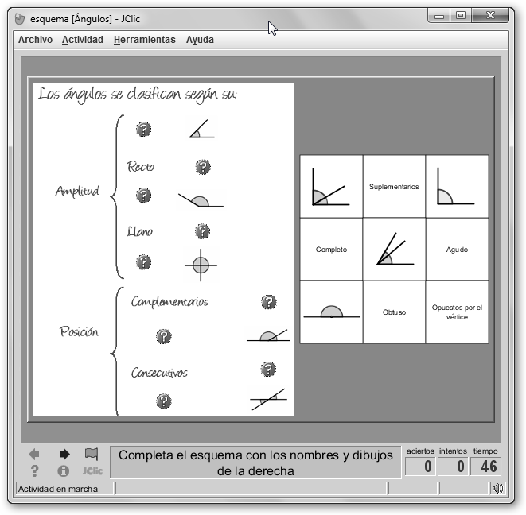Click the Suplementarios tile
coord(394,186)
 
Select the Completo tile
coord(331,250)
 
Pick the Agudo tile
coord(457,250)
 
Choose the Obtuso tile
coord(394,312)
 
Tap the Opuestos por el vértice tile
coord(457,312)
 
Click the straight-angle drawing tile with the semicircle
coord(331,312)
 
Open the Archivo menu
coord(35,40)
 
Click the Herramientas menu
coord(145,40)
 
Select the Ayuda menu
coord(200,40)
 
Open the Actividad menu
coord(83,40)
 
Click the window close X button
coord(490,15)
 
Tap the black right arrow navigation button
coord(64,454)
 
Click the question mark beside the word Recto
coord(203,167)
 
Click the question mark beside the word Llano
coord(202,231)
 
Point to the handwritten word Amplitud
coord(77,192)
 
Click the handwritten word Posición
coord(79,331)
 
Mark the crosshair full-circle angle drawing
coord(201,265)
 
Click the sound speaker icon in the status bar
coord(497,488)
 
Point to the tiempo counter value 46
coord(489,466)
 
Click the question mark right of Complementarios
coord(269,302)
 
